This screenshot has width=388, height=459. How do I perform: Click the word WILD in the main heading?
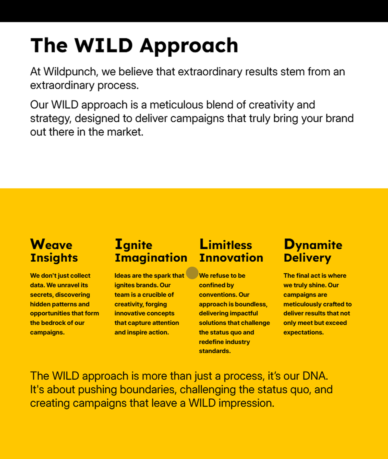point(104,45)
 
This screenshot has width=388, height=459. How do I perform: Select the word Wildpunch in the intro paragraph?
point(70,72)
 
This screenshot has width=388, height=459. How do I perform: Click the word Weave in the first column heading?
point(51,244)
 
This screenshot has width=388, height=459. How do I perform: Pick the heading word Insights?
point(54,258)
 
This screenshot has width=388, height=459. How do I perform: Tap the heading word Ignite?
point(134,245)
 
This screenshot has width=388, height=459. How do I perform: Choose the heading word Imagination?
point(151,258)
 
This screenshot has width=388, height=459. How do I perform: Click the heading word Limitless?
point(226,244)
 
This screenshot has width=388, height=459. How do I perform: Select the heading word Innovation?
point(231,258)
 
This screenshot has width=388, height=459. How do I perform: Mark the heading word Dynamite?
point(313,245)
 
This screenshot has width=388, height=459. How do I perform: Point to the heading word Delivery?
point(308,258)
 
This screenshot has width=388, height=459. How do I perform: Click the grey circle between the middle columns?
point(192,273)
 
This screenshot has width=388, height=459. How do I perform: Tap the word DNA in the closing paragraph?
point(315,376)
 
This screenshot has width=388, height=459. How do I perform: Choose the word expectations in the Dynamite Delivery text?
point(304,333)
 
